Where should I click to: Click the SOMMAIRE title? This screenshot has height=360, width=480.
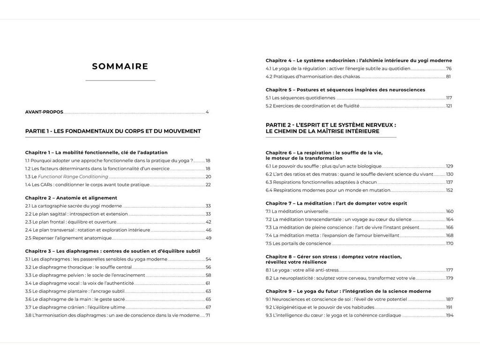120,67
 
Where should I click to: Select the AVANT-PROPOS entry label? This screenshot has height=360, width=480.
44,112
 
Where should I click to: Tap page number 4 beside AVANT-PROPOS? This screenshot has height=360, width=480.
207,112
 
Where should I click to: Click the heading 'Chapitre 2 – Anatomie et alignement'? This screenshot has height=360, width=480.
71,198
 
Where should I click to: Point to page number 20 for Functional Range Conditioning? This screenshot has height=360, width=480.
208,177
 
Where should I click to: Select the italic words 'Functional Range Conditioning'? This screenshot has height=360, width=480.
73,177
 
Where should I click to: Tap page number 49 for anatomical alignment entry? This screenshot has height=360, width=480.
208,238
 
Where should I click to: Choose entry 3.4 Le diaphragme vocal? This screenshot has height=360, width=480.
79,283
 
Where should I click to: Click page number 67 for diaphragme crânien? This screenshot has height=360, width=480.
208,307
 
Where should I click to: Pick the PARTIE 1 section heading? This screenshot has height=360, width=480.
113,131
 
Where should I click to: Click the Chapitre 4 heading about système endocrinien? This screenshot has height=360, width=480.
359,60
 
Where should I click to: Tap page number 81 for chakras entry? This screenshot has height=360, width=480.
449,76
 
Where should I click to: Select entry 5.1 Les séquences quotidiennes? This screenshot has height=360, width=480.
300,98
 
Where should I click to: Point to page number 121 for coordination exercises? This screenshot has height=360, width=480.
449,106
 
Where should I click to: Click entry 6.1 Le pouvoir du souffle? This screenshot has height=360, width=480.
323,166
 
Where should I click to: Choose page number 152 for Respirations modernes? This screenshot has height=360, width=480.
449,190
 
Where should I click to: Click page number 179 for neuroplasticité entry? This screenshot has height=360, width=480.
449,278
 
